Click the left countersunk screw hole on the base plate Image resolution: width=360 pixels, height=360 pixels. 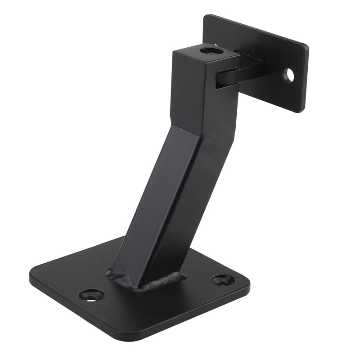coord(91,295)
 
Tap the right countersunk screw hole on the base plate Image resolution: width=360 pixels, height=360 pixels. coord(223,279)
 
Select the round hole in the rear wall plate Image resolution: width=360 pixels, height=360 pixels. coord(289,75)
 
